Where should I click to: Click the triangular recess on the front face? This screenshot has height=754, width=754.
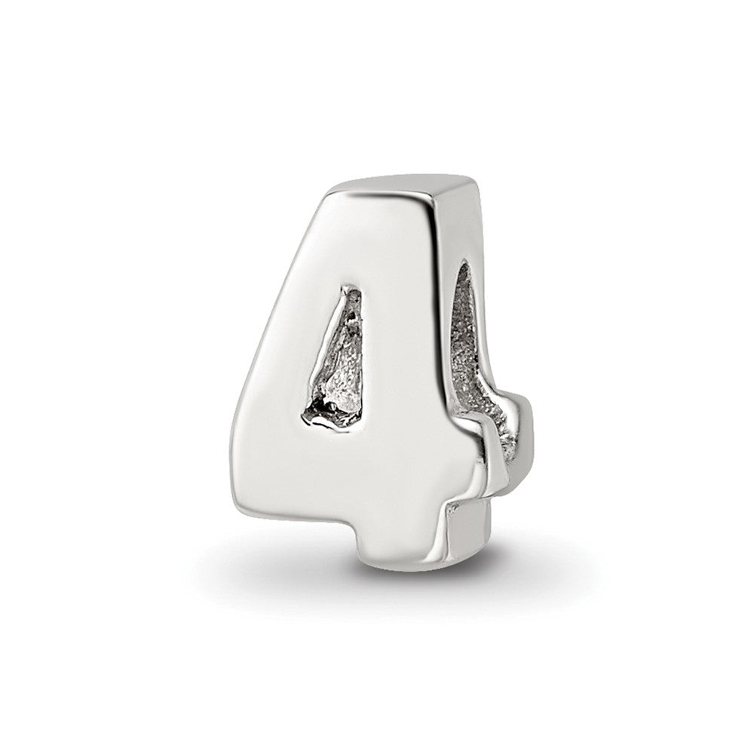pyautogui.click(x=337, y=362)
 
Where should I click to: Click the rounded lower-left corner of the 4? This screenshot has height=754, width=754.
pyautogui.click(x=249, y=498)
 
